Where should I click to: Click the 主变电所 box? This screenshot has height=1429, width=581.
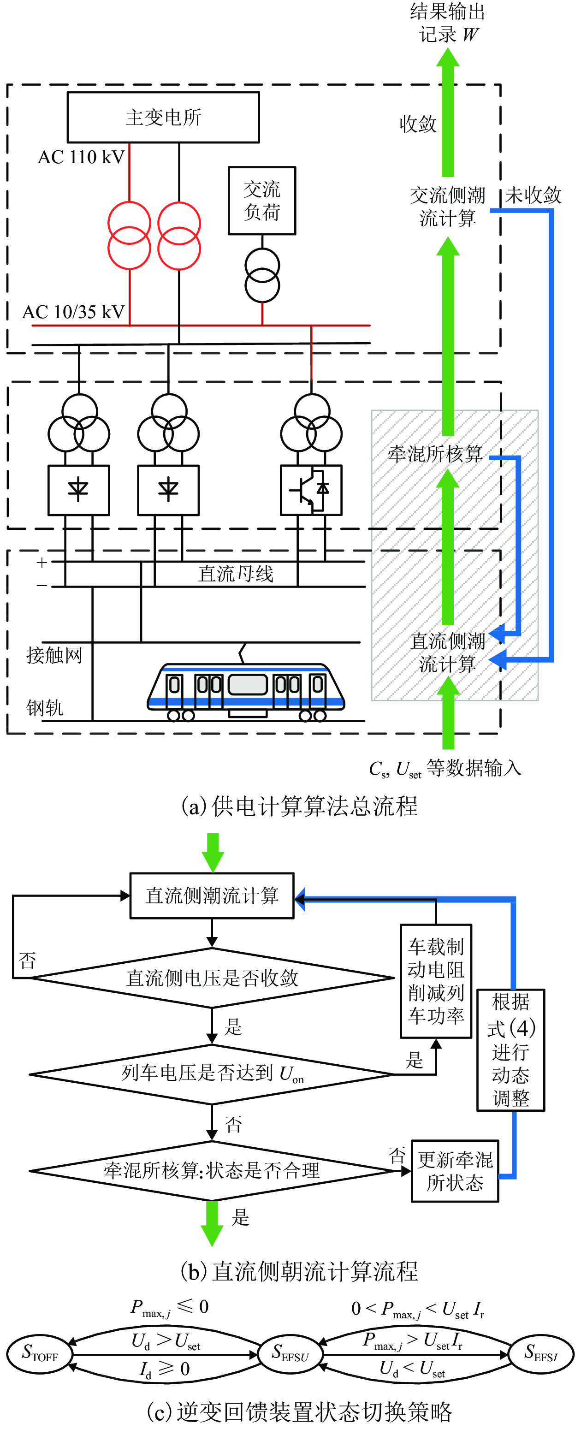point(163,117)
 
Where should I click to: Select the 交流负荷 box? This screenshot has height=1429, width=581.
point(262,200)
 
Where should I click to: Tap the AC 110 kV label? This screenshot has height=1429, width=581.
point(81,157)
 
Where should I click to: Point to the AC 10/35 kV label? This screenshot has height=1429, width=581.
point(73,312)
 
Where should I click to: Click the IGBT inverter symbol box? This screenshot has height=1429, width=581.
point(311,490)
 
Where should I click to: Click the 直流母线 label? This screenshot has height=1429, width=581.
point(236,574)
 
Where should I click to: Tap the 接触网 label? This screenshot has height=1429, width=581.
point(54,655)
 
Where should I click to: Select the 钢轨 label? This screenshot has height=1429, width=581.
point(44,707)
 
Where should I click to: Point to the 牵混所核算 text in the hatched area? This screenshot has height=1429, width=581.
point(435,453)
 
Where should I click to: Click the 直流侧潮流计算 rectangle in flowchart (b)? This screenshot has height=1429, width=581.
point(212,895)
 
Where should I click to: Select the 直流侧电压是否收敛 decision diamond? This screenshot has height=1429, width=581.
point(212,978)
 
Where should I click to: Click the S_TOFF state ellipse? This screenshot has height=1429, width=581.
point(40,1354)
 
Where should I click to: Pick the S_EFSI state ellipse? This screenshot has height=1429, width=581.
point(541,1354)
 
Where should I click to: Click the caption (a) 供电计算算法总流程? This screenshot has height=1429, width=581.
point(300,806)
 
